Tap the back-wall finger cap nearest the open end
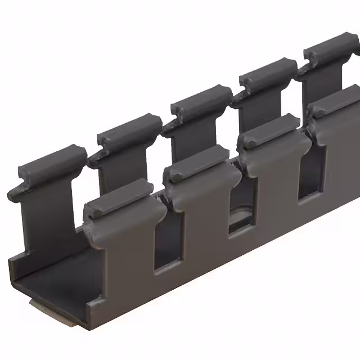point(51,163)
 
